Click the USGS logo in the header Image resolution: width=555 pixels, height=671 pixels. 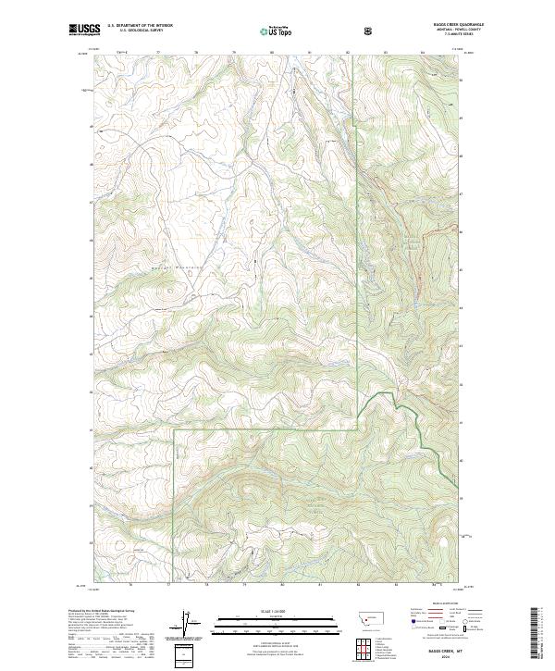click(83, 31)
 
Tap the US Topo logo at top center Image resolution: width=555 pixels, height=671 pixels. click(276, 31)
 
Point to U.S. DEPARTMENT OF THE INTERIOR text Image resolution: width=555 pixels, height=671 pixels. click(141, 26)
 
